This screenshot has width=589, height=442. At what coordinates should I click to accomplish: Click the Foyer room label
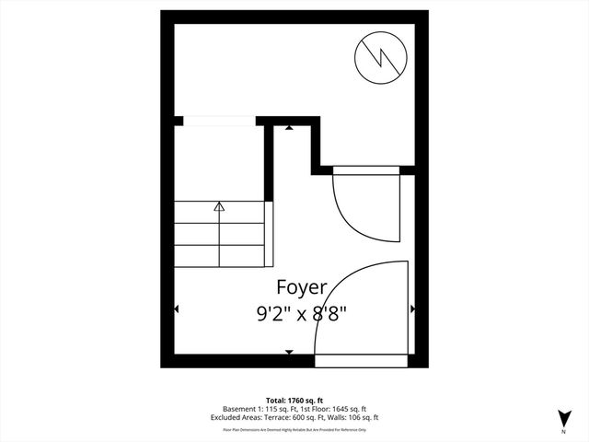pyautogui.click(x=294, y=289)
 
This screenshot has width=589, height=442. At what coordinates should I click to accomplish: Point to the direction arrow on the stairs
pyautogui.click(x=219, y=208)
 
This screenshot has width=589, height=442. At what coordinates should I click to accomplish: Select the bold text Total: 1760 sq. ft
pyautogui.click(x=294, y=399)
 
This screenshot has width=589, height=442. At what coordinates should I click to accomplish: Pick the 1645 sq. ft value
pyautogui.click(x=347, y=408)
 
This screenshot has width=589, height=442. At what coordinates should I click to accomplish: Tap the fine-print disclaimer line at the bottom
pyautogui.click(x=294, y=429)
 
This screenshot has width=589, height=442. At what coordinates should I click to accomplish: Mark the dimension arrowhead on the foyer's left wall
pyautogui.click(x=177, y=308)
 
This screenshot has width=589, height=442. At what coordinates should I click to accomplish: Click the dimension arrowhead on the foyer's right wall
pyautogui.click(x=412, y=308)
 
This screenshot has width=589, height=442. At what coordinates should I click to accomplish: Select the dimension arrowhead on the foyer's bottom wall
pyautogui.click(x=289, y=352)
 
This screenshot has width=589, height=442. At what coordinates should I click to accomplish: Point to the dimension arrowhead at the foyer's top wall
pyautogui.click(x=289, y=128)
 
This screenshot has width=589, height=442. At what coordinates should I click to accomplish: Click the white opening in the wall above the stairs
pyautogui.click(x=219, y=121)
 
